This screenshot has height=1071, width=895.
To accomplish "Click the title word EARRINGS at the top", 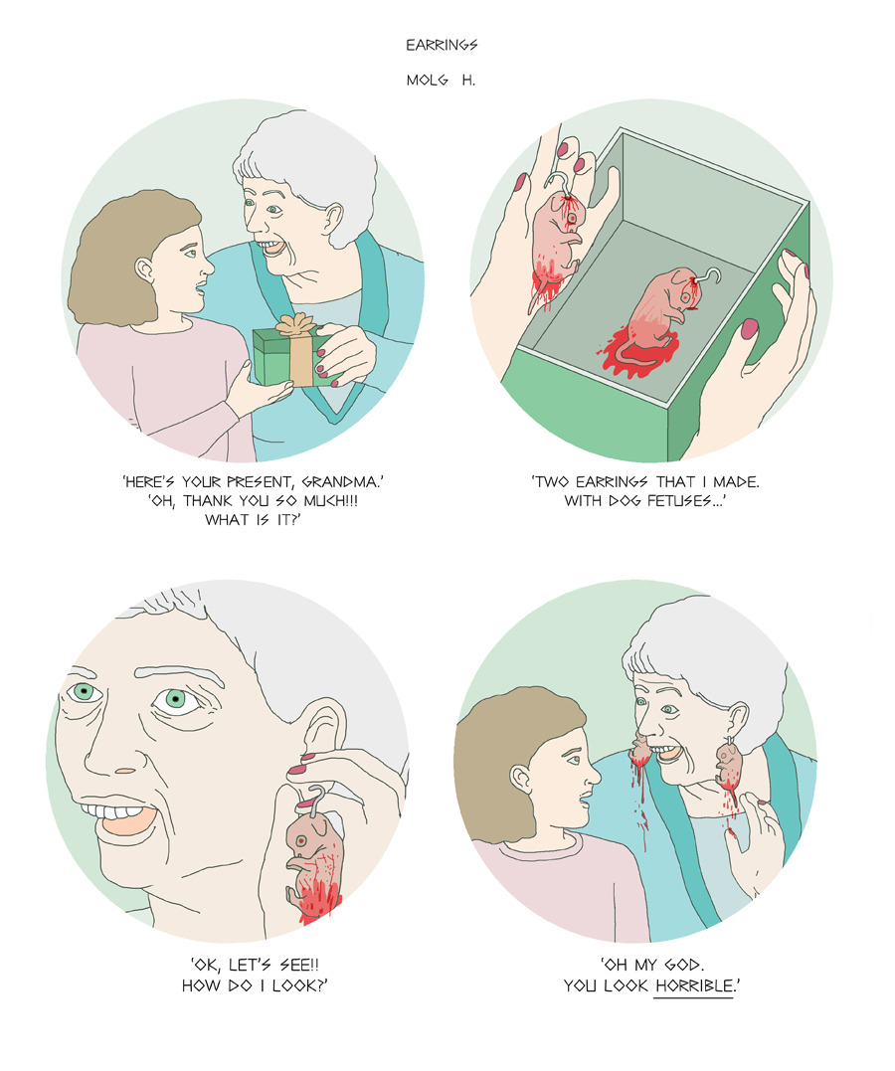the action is (x=443, y=45).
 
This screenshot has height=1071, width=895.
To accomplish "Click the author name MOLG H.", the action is (x=441, y=80).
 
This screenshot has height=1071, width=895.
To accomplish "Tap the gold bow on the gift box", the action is (x=295, y=324).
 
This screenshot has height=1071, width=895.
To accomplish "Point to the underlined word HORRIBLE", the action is (x=693, y=984).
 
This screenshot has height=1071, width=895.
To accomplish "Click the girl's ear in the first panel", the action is (x=144, y=269).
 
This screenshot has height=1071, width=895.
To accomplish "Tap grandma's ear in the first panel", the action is (x=334, y=220).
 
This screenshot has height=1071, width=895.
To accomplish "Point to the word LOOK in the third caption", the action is (x=300, y=984).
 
